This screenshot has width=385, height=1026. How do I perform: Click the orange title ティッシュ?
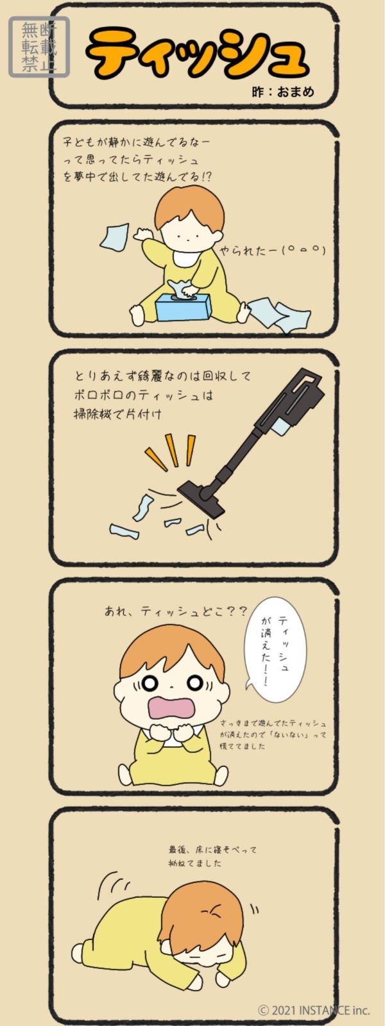(198, 54)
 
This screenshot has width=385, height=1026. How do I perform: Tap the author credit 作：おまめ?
(283, 92)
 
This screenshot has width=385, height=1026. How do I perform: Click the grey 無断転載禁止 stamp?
(39, 47)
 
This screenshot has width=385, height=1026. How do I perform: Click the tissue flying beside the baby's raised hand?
(115, 237)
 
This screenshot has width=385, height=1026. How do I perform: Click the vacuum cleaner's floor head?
(202, 497)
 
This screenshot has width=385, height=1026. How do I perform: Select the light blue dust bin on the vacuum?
(281, 428)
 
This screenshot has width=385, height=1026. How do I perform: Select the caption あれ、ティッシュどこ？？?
(176, 611)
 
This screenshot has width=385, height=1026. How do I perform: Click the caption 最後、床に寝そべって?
(213, 850)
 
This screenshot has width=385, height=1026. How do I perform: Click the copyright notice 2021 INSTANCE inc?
(314, 1009)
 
